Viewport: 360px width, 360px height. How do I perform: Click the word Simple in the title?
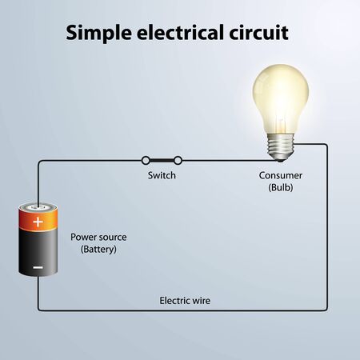tap(96, 34)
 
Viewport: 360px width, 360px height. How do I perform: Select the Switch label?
tap(162, 175)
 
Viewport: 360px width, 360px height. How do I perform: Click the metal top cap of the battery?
tap(38, 206)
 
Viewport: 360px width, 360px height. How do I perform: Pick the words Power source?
tap(98, 238)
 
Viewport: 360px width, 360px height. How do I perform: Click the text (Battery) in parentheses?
tap(98, 250)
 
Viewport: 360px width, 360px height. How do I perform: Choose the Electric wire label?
tap(185, 301)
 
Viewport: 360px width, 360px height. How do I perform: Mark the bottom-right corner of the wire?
tap(327, 310)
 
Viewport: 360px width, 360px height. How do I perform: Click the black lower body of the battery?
tap(38, 256)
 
